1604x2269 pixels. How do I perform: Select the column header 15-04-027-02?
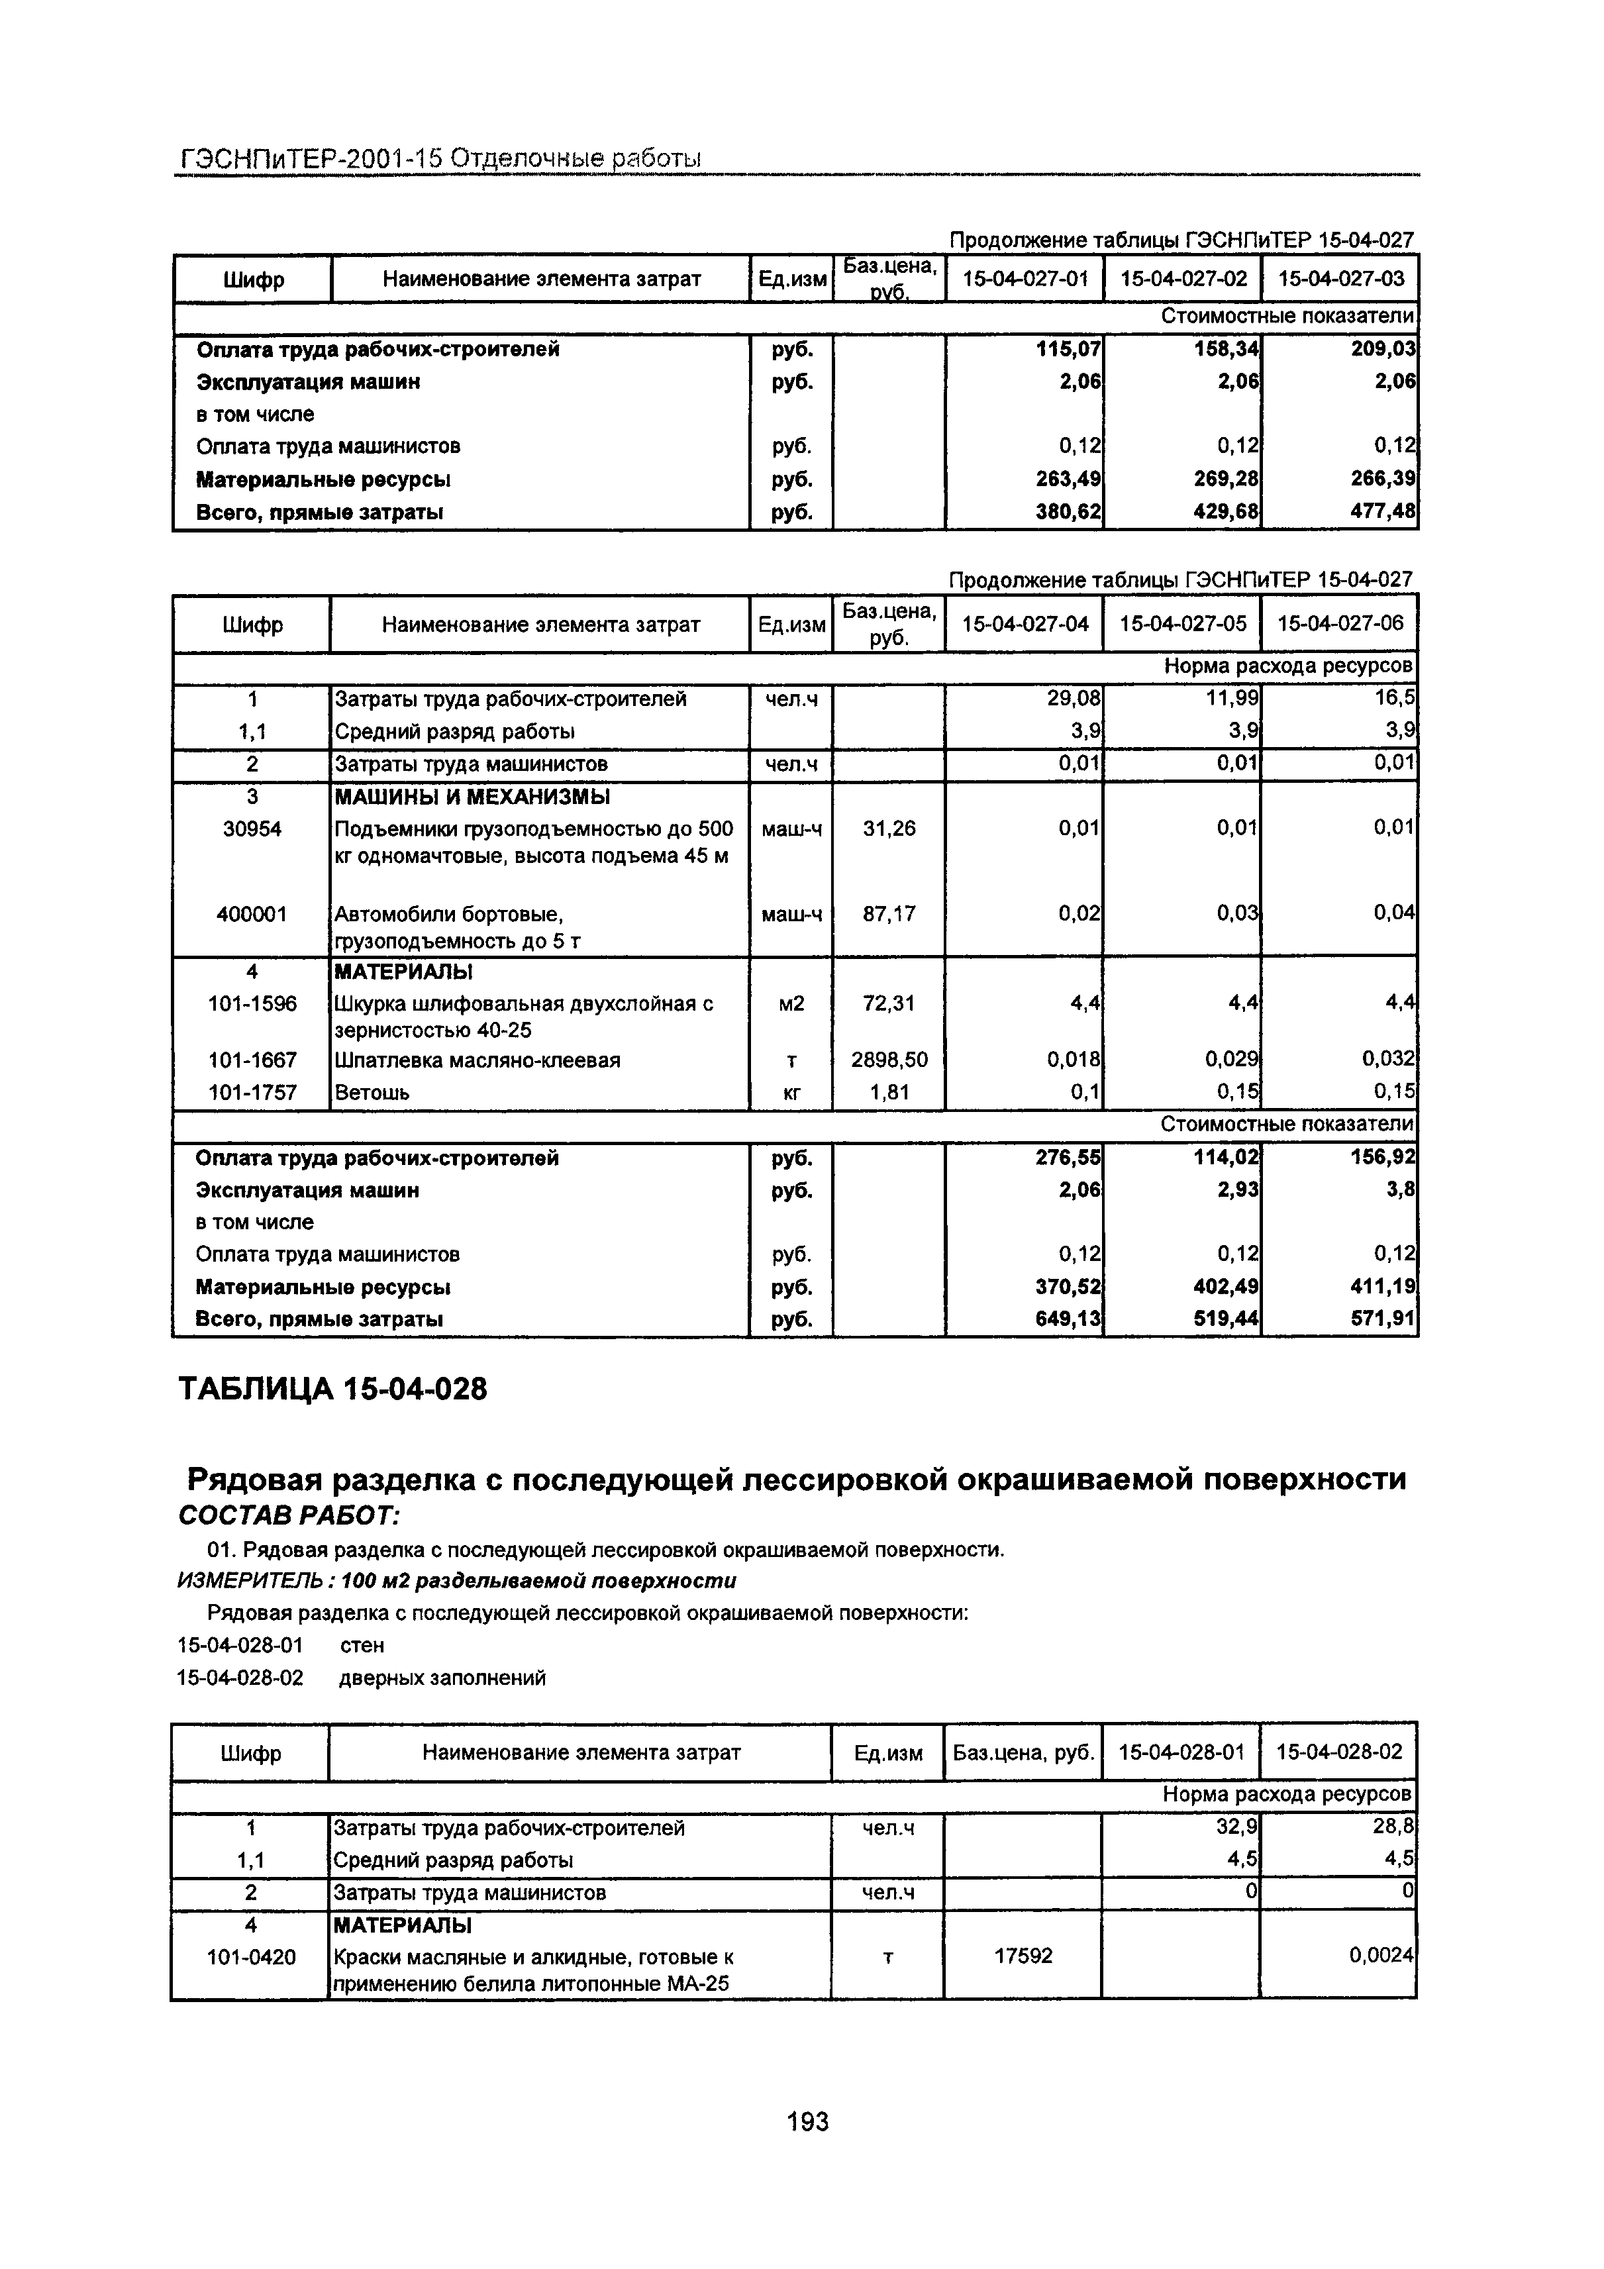pyautogui.click(x=1183, y=279)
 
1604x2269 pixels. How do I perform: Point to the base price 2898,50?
pyautogui.click(x=889, y=1060)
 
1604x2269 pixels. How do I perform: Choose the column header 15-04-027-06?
pyautogui.click(x=1340, y=624)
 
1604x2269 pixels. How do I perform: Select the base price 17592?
pyautogui.click(x=1023, y=1954)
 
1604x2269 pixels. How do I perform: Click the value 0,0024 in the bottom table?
pyautogui.click(x=1381, y=1954)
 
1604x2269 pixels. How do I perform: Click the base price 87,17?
pyautogui.click(x=889, y=913)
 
